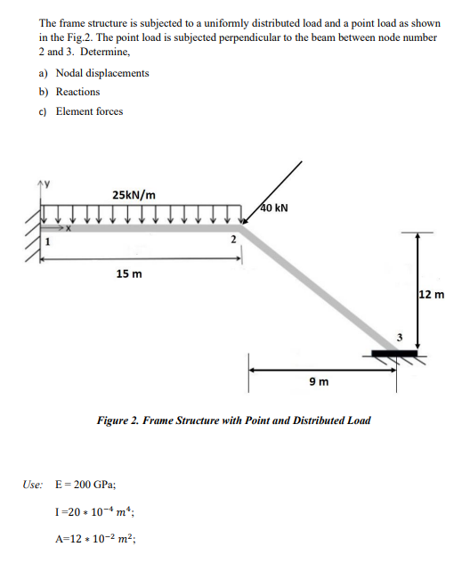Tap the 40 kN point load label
[274, 209]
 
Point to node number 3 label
[400, 337]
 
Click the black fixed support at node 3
[392, 354]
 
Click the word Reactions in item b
[78, 92]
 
